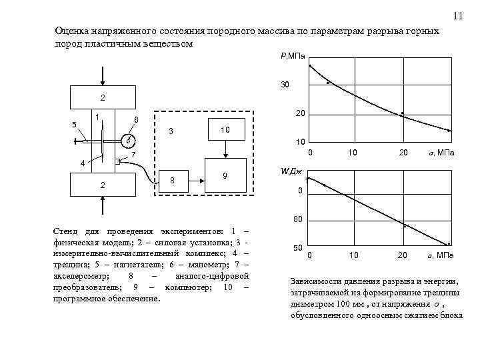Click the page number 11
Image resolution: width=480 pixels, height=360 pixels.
(x=457, y=16)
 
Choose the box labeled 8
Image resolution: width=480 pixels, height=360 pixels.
(x=173, y=181)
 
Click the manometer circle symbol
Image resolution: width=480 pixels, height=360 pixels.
(x=127, y=141)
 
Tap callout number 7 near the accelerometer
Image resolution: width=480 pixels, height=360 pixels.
(x=133, y=155)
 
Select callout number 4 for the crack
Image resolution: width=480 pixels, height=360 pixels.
(x=82, y=163)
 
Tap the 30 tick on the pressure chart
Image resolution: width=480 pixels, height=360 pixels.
(x=285, y=85)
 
